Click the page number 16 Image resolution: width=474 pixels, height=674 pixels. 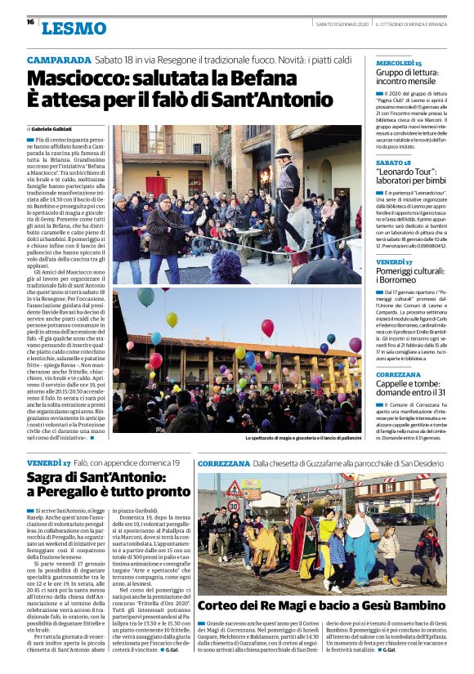tap(30, 22)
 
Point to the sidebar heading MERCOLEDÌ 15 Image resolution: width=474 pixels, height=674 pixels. tap(399, 62)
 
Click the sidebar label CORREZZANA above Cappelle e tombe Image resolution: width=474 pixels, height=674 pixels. tap(399, 375)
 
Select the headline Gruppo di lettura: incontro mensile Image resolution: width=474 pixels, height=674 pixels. tap(411, 77)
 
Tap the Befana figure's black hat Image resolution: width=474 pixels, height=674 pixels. tap(282, 154)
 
